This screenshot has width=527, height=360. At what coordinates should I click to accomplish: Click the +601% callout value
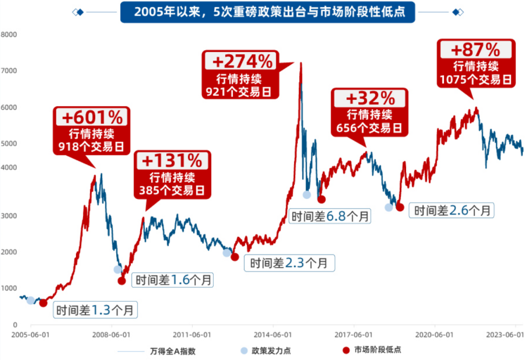tap(91, 118)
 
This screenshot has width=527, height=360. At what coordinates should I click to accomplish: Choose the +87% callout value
tap(476, 50)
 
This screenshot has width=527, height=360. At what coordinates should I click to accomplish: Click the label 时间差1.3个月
tap(95, 309)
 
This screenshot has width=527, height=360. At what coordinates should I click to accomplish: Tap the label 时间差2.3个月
tap(289, 263)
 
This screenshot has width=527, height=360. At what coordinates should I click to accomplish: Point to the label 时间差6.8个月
tap(330, 215)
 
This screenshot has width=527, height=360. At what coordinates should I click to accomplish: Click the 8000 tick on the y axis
tap(9, 35)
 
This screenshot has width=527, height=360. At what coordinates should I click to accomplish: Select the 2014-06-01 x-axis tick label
tap(273, 335)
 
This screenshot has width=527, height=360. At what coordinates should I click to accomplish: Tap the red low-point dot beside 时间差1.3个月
tap(43, 303)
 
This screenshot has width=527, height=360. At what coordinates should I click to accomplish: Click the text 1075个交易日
tap(476, 80)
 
